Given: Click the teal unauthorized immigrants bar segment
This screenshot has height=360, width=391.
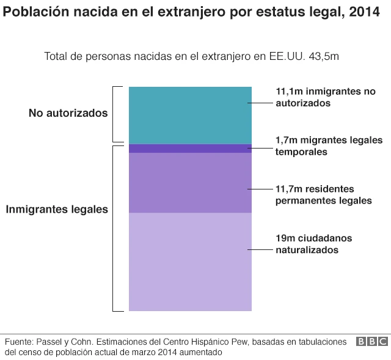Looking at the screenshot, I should (189, 115).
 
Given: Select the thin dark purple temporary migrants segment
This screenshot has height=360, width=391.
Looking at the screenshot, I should (189, 149).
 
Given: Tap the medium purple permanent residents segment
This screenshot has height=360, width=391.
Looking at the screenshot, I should (189, 183).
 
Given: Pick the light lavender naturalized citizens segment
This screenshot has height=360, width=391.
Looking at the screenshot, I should (189, 262).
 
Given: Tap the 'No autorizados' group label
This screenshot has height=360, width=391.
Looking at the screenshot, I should (68, 114).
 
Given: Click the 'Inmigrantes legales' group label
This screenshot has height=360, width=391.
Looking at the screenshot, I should (57, 209).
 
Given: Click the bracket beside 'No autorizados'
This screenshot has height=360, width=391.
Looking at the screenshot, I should (114, 114).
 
